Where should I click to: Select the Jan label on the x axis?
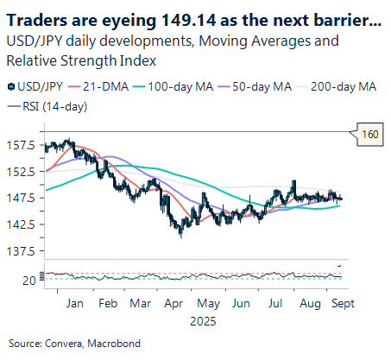pos(74,304)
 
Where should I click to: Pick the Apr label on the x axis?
pos(172,304)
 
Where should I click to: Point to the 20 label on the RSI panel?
pos(29,281)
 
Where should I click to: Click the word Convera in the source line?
pos(62,344)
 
